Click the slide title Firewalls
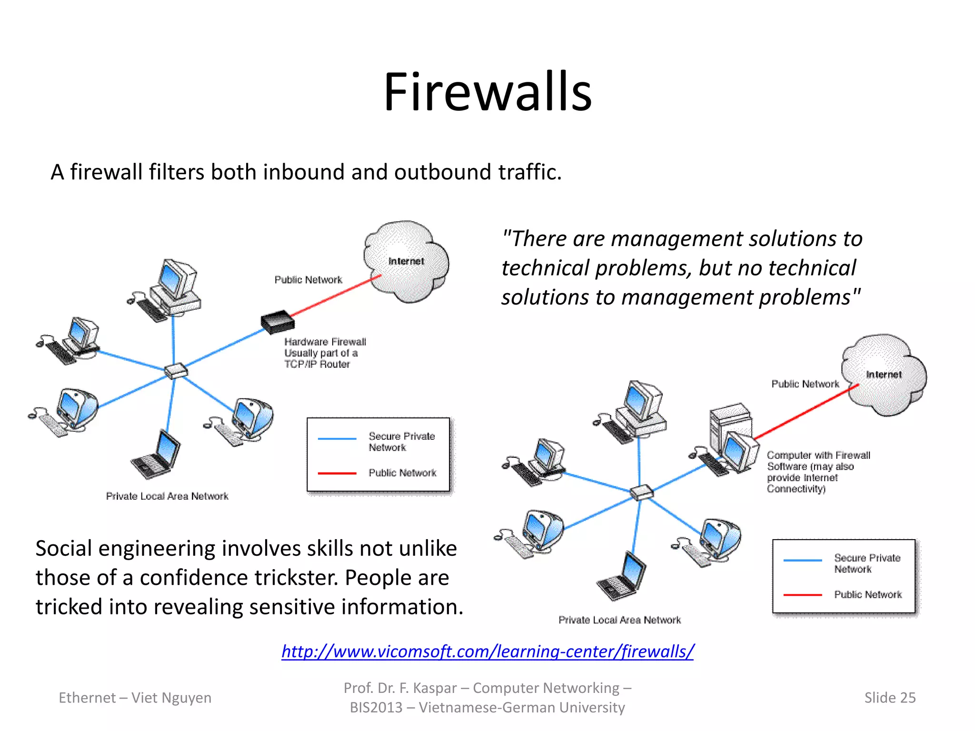point(487,91)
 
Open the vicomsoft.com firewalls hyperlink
point(487,651)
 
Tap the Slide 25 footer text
point(889,698)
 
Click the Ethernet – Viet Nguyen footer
point(135,698)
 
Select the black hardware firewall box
point(278,322)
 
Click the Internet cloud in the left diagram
point(406,262)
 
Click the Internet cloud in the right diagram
point(884,375)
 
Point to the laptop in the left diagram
point(156,454)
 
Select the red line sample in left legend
point(337,474)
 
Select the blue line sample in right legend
point(803,560)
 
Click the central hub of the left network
point(175,370)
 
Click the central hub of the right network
point(641,492)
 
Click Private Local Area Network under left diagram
point(167,496)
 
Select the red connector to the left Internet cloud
point(336,296)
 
